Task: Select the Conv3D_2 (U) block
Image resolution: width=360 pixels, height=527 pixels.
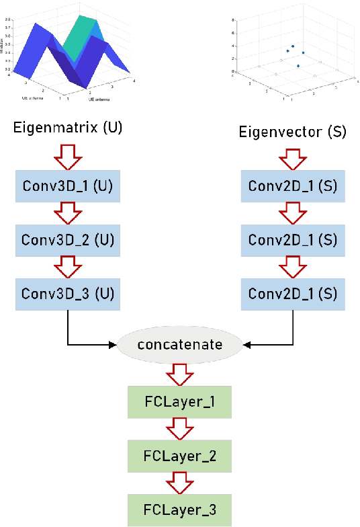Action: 67,239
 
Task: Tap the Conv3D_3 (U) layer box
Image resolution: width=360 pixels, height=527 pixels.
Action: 67,293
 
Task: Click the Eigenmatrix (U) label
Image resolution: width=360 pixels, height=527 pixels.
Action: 68,128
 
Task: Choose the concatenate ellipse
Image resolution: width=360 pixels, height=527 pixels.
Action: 179,345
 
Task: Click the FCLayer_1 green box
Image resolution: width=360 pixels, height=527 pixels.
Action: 179,401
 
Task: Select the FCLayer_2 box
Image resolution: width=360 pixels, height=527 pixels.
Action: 179,455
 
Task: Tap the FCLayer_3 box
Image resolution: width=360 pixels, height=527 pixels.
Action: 179,510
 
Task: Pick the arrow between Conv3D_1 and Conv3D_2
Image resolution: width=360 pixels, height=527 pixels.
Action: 67,212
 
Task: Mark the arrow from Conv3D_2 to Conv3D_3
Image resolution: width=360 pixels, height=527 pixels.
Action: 67,266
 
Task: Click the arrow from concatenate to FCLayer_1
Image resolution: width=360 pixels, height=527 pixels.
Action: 179,373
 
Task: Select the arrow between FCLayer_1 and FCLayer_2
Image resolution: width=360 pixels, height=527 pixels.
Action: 179,429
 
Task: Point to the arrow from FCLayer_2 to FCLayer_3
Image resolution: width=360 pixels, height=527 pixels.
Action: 179,483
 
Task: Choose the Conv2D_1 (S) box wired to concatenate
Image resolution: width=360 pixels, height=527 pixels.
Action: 293,293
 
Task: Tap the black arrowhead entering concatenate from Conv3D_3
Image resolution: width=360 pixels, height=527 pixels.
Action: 112,345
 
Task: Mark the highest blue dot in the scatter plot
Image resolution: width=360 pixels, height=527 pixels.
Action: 293,46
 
